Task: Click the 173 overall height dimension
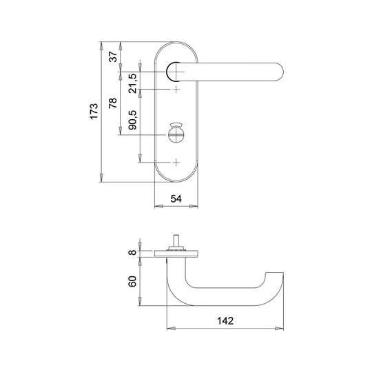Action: (x=94, y=112)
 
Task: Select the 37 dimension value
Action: (x=113, y=56)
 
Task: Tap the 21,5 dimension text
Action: (x=133, y=83)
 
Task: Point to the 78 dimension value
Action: (x=113, y=103)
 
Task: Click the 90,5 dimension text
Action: (x=133, y=120)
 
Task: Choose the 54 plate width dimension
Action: (x=176, y=199)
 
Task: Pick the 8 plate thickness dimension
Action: (x=132, y=252)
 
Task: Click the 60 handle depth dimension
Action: (x=132, y=281)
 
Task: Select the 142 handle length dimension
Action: (x=225, y=321)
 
